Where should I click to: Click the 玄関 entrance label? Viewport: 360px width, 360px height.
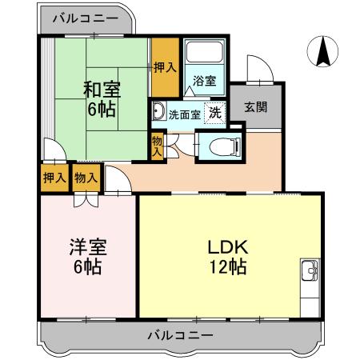click(x=256, y=106)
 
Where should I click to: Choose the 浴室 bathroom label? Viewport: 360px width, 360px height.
click(x=205, y=80)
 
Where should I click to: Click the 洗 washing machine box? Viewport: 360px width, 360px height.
click(x=214, y=113)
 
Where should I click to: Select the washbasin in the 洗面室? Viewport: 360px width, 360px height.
click(x=158, y=110)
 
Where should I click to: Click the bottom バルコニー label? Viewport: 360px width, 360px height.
click(x=180, y=335)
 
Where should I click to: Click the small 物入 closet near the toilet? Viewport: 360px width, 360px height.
click(x=157, y=146)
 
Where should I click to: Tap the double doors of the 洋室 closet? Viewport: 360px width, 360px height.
click(x=85, y=198)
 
